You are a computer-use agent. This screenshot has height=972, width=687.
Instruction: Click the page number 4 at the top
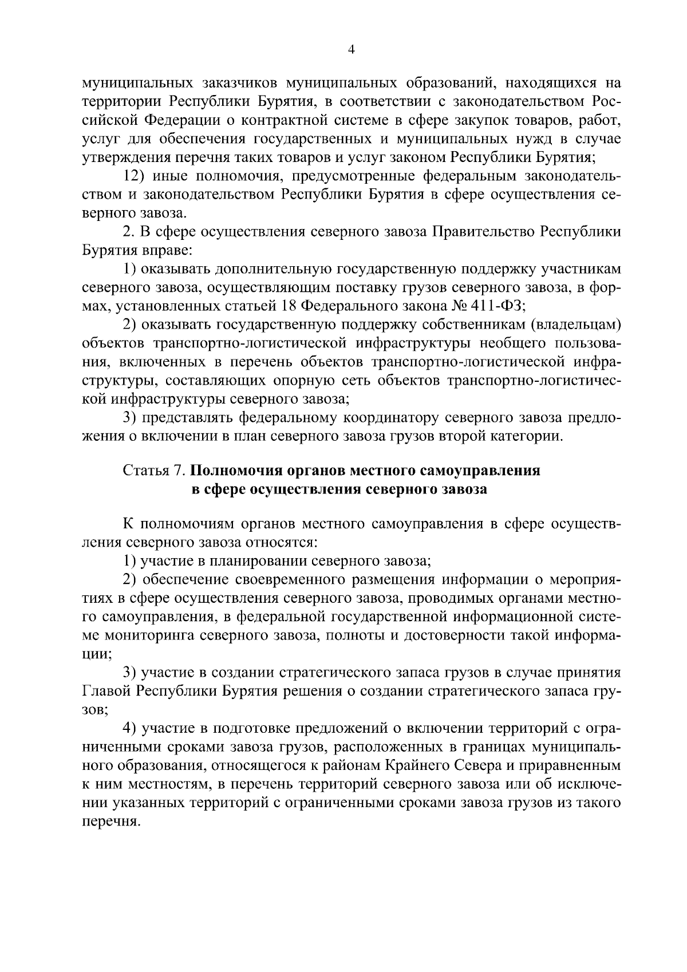tap(352, 50)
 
